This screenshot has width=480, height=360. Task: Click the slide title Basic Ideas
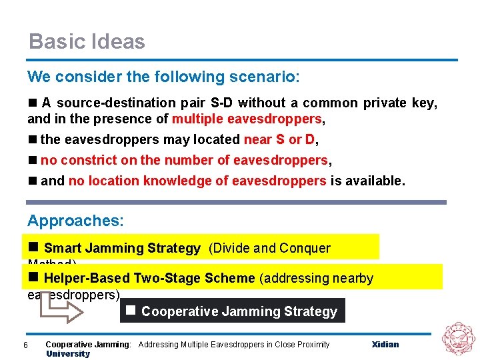pyautogui.click(x=87, y=41)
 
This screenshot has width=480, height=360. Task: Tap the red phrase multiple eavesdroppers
pyautogui.click(x=247, y=119)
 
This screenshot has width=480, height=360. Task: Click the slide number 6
pyautogui.click(x=25, y=345)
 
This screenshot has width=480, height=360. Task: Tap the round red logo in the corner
pyautogui.click(x=459, y=338)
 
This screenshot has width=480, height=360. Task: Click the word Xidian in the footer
pyautogui.click(x=385, y=345)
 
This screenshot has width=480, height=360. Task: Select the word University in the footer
pyautogui.click(x=67, y=354)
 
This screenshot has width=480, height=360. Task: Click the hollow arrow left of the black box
pyautogui.click(x=54, y=303)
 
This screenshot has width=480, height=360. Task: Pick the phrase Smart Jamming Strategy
pyautogui.click(x=122, y=249)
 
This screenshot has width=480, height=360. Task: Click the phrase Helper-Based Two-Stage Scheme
pyautogui.click(x=149, y=278)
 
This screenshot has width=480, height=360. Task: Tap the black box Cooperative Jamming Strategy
pyautogui.click(x=233, y=311)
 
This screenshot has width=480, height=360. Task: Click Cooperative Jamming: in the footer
pyautogui.click(x=88, y=345)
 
